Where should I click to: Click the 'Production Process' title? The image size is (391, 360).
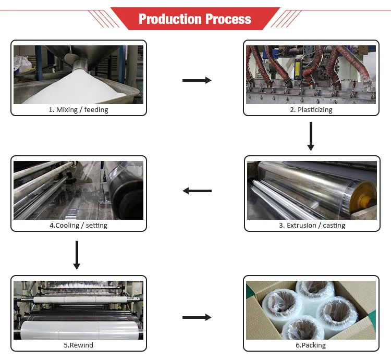[195, 19]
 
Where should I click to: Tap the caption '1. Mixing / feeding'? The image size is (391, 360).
[79, 110]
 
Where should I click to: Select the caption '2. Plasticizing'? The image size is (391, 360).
[311, 110]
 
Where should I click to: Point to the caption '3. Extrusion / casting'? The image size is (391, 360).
[312, 226]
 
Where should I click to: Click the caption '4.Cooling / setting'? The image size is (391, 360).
[78, 226]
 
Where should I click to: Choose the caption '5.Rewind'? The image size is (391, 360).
[78, 345]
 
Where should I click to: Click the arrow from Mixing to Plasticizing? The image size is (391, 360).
[197, 80]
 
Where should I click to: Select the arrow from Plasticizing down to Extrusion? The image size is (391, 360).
[311, 136]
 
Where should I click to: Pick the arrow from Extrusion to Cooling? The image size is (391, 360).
[197, 191]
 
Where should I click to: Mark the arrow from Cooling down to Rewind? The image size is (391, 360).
[77, 255]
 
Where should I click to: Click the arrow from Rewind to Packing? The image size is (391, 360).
[197, 317]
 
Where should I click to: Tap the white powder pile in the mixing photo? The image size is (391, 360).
[78, 91]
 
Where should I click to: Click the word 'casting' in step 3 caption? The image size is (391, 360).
[334, 226]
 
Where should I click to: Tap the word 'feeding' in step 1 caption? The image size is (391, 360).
[96, 110]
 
